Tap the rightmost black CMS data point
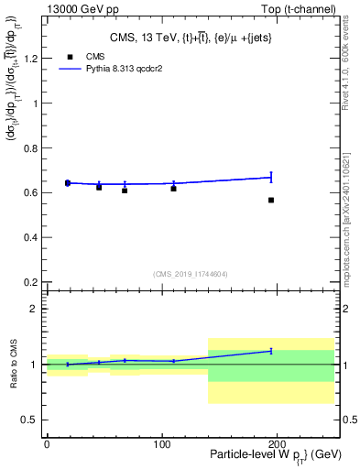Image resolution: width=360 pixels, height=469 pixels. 271,200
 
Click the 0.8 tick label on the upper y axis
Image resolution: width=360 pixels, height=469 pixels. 31,148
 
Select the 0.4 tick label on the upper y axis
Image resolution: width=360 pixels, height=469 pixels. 31,237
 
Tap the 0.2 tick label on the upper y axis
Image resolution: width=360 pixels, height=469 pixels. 31,282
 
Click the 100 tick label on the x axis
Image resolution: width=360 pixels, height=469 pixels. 161,443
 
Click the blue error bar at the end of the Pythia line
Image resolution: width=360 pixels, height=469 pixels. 271,177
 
